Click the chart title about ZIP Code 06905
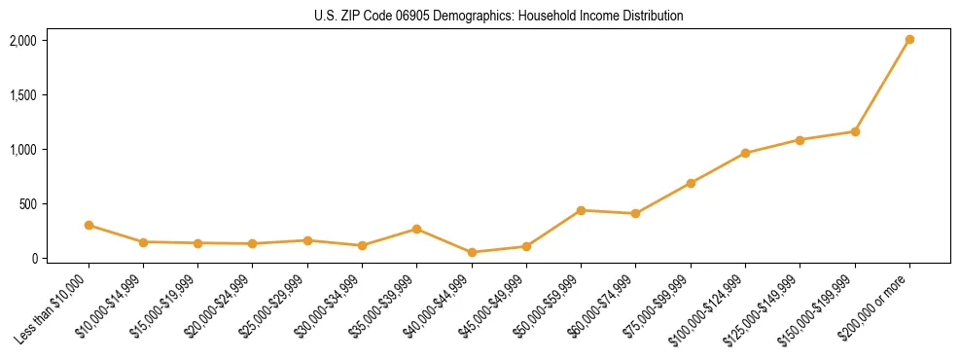point(480,17)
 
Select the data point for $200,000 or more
point(909,40)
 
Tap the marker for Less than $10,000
point(89,225)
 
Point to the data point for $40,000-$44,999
point(472,252)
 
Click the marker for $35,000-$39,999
point(417,229)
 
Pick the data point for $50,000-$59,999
point(581,210)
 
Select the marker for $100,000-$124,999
point(745,153)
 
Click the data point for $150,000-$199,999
point(855,131)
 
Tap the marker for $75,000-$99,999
point(691,183)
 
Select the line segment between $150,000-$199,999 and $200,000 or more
point(882,86)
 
